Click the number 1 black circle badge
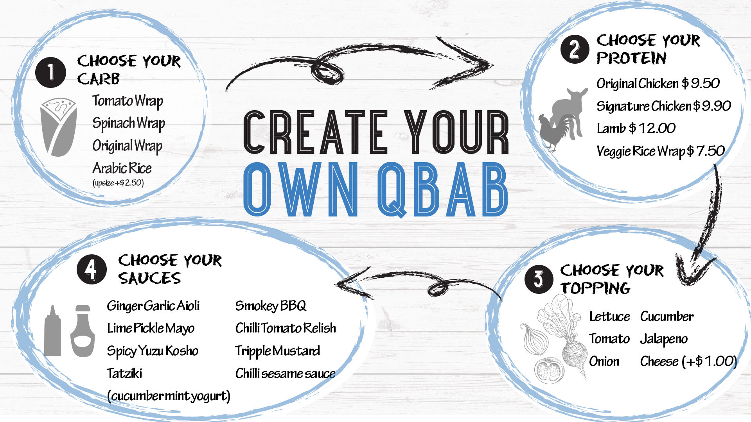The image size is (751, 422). tap(50, 72)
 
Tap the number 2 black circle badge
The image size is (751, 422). tap(575, 49)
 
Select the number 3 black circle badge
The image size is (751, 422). tap(539, 279)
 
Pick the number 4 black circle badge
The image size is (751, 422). tap(92, 269)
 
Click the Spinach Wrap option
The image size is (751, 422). tap(129, 123)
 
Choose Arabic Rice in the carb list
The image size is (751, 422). tap(122, 168)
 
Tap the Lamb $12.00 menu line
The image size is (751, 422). tap(636, 128)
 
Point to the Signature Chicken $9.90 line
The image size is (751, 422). tap(664, 106)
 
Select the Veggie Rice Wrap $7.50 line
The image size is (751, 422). tap(661, 151)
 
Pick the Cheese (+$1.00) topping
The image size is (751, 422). tap(688, 361)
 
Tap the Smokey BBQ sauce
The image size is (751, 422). tap(271, 306)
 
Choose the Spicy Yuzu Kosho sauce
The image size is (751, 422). tap(153, 351)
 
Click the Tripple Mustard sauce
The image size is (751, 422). tap(277, 351)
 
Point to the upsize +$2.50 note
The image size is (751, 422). tap(118, 183)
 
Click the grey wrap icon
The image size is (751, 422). tap(59, 127)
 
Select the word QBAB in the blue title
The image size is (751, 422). tap(442, 190)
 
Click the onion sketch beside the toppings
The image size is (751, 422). tap(535, 339)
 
